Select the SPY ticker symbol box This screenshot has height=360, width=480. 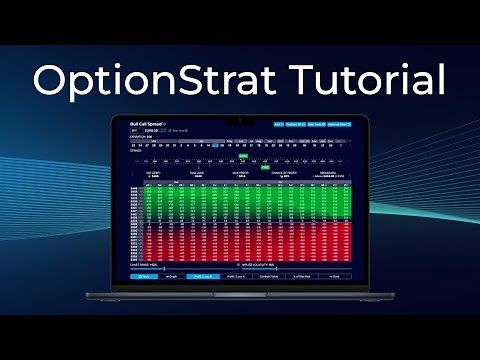tap(135, 130)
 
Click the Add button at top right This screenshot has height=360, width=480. tap(278, 124)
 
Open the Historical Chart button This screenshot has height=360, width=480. tap(339, 124)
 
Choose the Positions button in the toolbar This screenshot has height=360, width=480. tap(295, 124)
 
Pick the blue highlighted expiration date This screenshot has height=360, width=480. tap(216, 144)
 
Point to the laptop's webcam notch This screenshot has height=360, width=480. tap(240, 117)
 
